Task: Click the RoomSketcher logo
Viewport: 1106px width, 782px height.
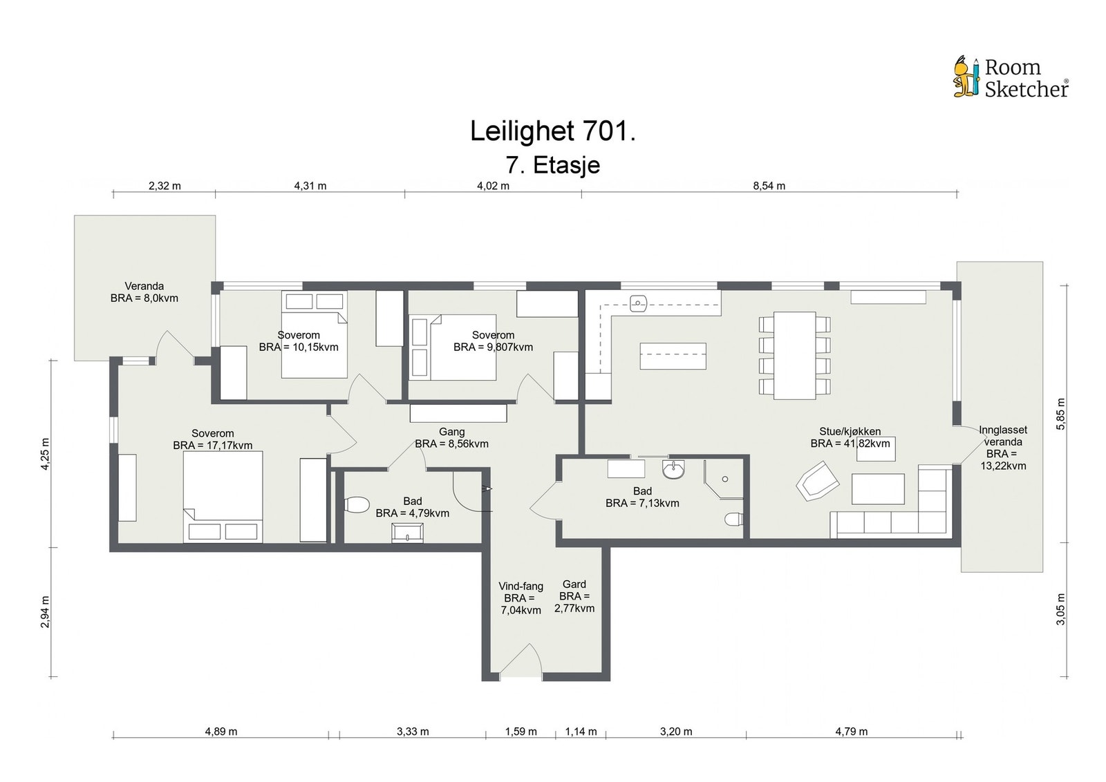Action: point(1010,78)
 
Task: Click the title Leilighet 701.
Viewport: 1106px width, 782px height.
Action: point(552,131)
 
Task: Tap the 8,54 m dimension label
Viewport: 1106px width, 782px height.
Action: point(769,186)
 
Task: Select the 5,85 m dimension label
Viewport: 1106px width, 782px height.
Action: point(1060,413)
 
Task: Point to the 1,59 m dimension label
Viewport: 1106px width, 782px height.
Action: point(521,731)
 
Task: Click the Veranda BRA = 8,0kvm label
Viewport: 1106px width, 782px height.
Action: point(144,292)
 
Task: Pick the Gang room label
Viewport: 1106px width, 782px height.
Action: point(451,432)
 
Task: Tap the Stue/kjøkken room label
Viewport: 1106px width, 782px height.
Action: point(850,431)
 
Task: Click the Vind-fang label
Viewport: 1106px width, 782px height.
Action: point(521,586)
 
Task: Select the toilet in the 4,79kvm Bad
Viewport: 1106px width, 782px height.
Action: point(357,505)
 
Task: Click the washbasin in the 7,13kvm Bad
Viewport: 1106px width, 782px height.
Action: point(673,469)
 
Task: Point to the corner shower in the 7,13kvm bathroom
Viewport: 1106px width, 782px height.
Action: point(723,479)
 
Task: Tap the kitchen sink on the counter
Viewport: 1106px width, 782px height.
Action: point(639,303)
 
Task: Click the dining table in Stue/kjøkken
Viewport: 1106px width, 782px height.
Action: point(794,355)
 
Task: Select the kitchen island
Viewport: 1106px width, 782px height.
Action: point(673,356)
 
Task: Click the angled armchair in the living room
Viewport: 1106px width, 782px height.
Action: point(817,481)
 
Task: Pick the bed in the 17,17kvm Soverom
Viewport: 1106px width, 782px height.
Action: point(223,497)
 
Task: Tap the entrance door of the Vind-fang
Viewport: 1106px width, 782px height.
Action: point(521,660)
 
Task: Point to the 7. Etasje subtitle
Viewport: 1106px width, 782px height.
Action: point(552,165)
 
